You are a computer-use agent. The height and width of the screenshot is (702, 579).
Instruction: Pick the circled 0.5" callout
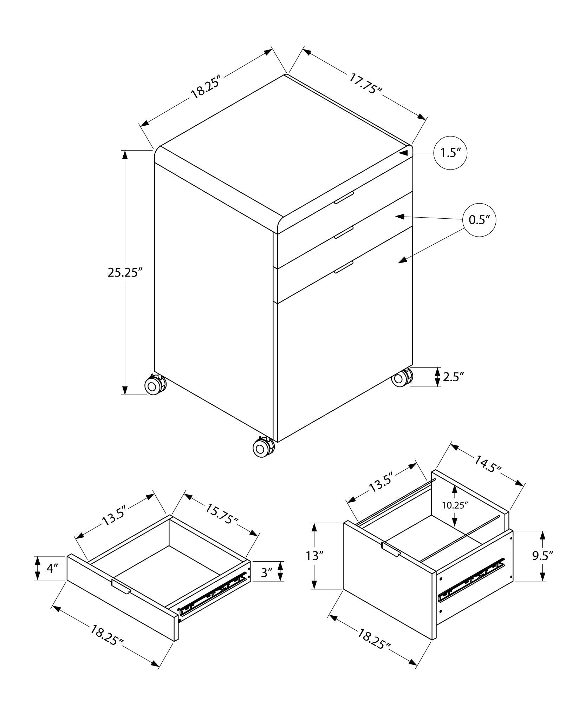click(479, 220)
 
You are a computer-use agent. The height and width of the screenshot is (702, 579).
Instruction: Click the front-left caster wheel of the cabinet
click(154, 385)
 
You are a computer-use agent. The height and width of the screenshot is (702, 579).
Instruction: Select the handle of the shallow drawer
click(121, 587)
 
